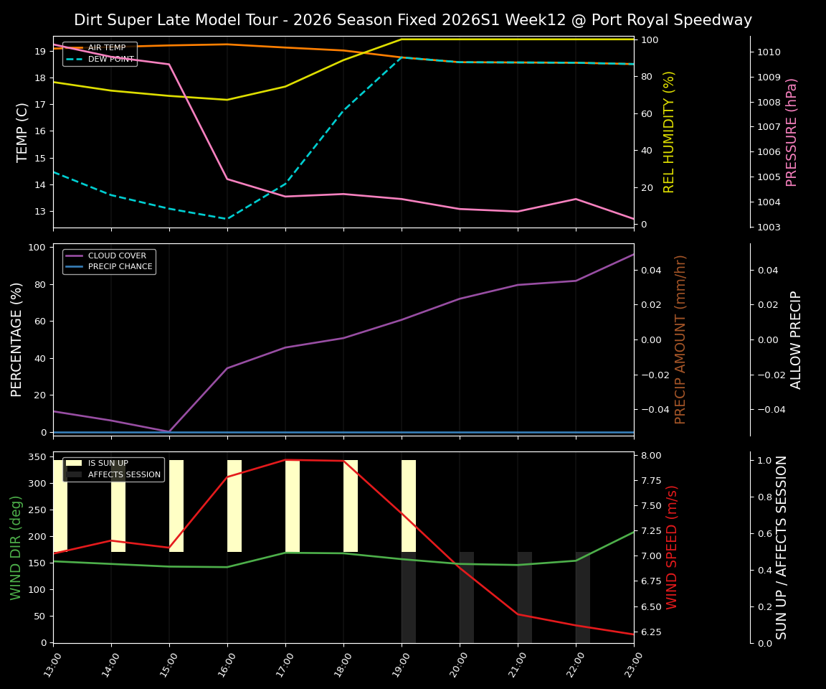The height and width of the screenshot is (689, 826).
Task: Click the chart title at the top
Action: [413, 20]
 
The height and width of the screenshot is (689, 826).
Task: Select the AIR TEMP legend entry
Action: [106, 48]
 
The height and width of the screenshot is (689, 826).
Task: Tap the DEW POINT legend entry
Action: [110, 60]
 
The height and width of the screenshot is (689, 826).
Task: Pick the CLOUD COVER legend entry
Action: [117, 256]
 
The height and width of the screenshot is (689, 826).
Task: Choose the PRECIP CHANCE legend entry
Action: [120, 267]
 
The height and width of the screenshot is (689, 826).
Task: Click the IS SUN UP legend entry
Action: [108, 464]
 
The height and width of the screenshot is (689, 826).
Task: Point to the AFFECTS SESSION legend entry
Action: [124, 474]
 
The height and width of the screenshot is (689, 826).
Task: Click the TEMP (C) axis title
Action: [22, 132]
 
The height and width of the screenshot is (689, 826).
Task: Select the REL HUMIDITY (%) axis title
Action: [670, 132]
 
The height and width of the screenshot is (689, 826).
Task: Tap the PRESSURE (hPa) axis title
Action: [792, 132]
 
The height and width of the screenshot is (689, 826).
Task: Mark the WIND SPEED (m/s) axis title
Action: [672, 547]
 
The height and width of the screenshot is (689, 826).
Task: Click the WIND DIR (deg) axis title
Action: [16, 547]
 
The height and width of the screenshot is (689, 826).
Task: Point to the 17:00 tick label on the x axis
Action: [285, 664]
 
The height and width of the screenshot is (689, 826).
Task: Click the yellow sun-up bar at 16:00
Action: [234, 506]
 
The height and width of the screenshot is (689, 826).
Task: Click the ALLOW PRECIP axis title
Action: [796, 339]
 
